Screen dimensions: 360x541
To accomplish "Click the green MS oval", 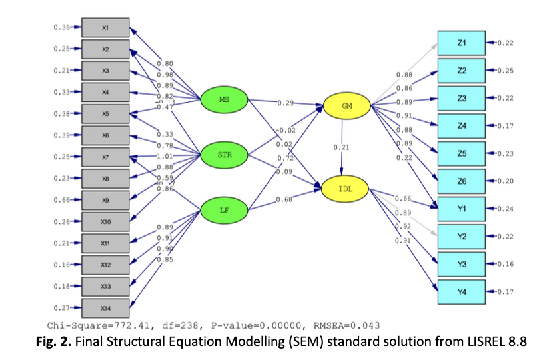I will click(x=225, y=100).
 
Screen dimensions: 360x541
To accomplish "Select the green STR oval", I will click(x=225, y=155).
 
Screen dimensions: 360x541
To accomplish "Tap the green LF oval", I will click(x=225, y=211).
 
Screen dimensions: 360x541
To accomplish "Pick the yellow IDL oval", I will click(x=346, y=190).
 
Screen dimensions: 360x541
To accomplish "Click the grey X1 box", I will click(x=105, y=27).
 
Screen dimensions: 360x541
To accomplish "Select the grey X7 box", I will click(x=105, y=157).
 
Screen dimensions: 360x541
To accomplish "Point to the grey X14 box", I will click(x=105, y=308).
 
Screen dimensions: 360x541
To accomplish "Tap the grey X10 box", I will click(x=105, y=222).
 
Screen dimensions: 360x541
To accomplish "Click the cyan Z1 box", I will click(x=462, y=43).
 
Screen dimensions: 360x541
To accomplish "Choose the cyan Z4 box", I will click(x=462, y=125).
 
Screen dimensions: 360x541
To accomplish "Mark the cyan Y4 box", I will click(x=462, y=291).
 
